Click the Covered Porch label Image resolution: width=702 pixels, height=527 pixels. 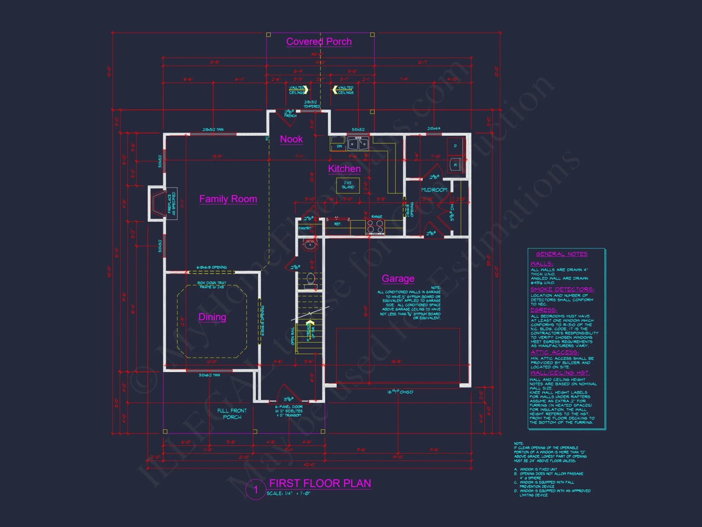pos(319,41)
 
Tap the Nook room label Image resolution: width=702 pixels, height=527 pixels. pos(291,139)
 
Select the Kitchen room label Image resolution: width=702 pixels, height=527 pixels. pos(344,169)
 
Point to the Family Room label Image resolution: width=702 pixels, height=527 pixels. pos(228,199)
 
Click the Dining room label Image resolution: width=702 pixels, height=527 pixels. pos(212,317)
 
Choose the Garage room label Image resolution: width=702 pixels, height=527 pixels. pos(398,278)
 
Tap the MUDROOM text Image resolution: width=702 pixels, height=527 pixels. pos(434,190)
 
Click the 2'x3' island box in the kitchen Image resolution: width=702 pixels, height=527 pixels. pos(348,185)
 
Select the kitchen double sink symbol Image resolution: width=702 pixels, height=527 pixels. pos(358,144)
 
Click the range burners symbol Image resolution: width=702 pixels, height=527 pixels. pos(375,227)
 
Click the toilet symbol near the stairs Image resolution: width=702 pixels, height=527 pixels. pos(311,280)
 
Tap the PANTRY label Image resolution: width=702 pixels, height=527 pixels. pos(305,228)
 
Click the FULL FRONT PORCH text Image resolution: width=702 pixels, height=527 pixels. pos(232,414)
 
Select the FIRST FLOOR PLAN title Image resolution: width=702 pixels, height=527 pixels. pos(320,483)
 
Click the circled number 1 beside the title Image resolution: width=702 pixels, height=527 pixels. pos(256,489)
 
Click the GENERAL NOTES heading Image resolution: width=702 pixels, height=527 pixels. pos(562,254)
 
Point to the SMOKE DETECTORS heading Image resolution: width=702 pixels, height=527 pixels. pos(562,289)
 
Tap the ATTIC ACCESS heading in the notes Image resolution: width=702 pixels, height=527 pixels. pos(555,352)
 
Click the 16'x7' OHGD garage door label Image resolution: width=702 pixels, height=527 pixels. pos(400,392)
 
